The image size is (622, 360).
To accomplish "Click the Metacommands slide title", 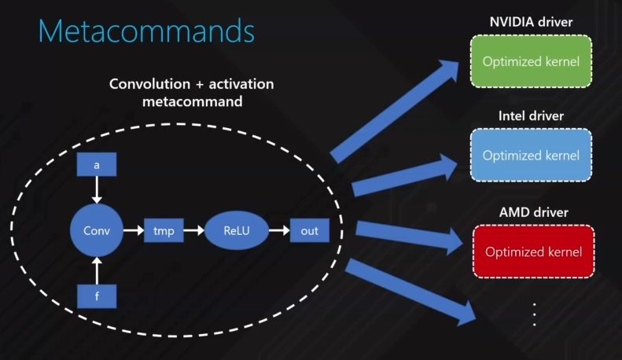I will (146, 31).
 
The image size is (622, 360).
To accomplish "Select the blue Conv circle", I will (97, 231).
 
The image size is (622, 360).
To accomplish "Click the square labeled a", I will (97, 165).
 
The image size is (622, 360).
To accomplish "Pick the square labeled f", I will (97, 296).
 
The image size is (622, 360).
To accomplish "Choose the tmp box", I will (164, 231).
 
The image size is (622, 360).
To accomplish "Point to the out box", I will (309, 231).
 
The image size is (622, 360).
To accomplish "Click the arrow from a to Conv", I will (97, 189).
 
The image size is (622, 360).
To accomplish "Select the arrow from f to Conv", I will (97, 270).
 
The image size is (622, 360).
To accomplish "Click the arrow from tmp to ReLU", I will (193, 231).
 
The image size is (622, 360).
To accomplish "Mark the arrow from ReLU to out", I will (278, 231).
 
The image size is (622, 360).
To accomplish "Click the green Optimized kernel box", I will (531, 61).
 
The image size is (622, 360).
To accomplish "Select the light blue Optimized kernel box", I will (531, 156).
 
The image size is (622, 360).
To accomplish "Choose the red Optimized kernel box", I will (534, 252).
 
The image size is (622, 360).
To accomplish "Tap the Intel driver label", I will (531, 116).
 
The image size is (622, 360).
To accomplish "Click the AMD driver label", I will (533, 212).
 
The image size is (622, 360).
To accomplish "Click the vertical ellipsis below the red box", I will (534, 314).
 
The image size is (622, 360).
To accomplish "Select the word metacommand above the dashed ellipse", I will (191, 102).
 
